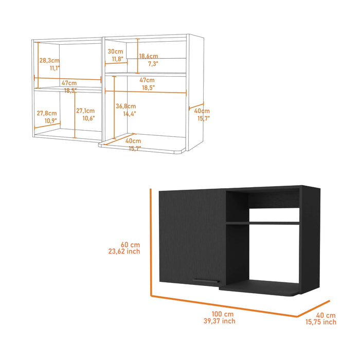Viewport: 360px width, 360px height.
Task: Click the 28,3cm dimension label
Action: [x=48, y=60]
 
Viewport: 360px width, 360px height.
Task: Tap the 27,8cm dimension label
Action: [x=46, y=113]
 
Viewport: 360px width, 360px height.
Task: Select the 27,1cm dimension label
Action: [x=85, y=111]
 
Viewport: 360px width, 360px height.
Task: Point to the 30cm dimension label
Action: [x=116, y=51]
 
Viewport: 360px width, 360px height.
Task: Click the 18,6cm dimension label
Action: [x=148, y=56]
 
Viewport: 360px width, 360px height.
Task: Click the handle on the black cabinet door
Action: [x=205, y=280]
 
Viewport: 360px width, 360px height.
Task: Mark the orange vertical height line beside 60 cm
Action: [x=150, y=242]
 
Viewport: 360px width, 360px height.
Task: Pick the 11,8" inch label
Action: [x=116, y=59]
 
